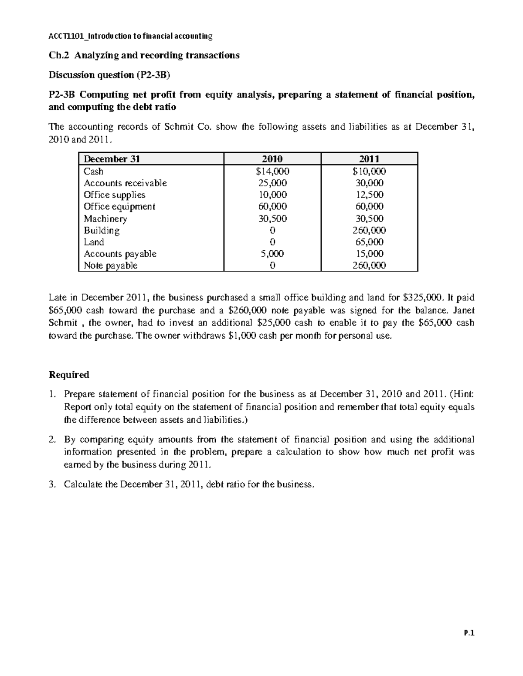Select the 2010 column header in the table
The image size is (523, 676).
click(x=272, y=159)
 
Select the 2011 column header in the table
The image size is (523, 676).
click(x=369, y=159)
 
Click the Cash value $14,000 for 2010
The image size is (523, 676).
click(x=272, y=172)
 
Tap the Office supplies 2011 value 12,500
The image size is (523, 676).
click(x=370, y=195)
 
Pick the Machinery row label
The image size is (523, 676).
click(x=105, y=219)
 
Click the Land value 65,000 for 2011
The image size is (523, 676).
click(x=370, y=242)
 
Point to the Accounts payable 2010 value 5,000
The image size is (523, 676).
click(x=272, y=254)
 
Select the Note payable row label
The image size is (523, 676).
click(x=110, y=266)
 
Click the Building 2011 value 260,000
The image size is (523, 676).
click(x=369, y=231)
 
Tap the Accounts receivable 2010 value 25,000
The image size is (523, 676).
click(x=272, y=183)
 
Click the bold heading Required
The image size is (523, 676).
click(x=69, y=375)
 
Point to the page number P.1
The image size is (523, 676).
click(x=469, y=633)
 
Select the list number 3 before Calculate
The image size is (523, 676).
click(x=52, y=484)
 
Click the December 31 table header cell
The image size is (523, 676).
click(x=112, y=159)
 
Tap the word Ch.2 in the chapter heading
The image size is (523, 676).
click(x=58, y=55)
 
